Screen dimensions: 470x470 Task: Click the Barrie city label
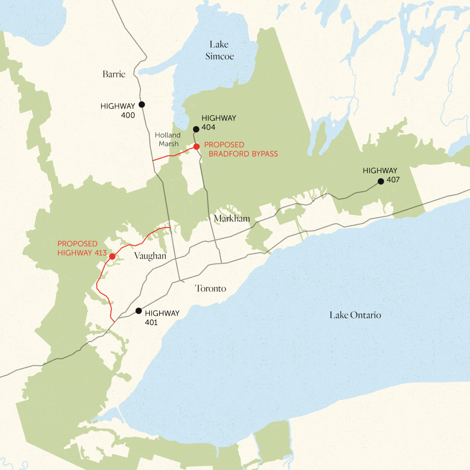point(114,74)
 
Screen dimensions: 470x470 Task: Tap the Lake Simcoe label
point(219,50)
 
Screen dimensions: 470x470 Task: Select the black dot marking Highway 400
point(142,104)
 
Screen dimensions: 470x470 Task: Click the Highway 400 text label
point(118,110)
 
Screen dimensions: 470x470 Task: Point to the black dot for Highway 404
point(196,129)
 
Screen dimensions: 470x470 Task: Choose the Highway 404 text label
point(218,122)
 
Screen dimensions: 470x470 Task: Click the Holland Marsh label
point(168,139)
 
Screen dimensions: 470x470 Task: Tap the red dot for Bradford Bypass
point(196,147)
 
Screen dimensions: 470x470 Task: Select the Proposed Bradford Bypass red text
point(241,149)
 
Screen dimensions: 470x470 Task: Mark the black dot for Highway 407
point(381,181)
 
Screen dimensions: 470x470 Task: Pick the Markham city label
point(232,218)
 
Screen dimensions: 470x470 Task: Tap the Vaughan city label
point(150,256)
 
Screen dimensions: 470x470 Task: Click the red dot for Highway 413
point(112,256)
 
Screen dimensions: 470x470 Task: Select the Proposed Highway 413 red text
point(82,248)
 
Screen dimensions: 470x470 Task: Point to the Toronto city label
point(211,289)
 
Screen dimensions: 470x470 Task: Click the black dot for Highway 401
point(139,311)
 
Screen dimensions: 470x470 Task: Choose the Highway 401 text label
point(162,318)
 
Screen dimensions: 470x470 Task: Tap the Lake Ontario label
point(355,315)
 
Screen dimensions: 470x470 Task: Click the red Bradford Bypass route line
point(173,155)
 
